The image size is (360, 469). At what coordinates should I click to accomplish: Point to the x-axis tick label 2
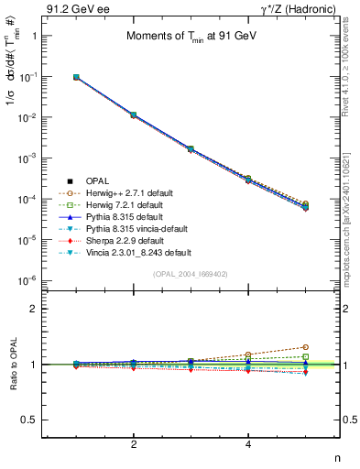pos(134,444)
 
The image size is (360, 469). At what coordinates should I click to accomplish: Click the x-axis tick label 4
pos(249,444)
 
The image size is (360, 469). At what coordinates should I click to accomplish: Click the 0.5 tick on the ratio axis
pos(30,420)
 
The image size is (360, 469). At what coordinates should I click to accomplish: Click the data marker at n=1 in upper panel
pos(76,78)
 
